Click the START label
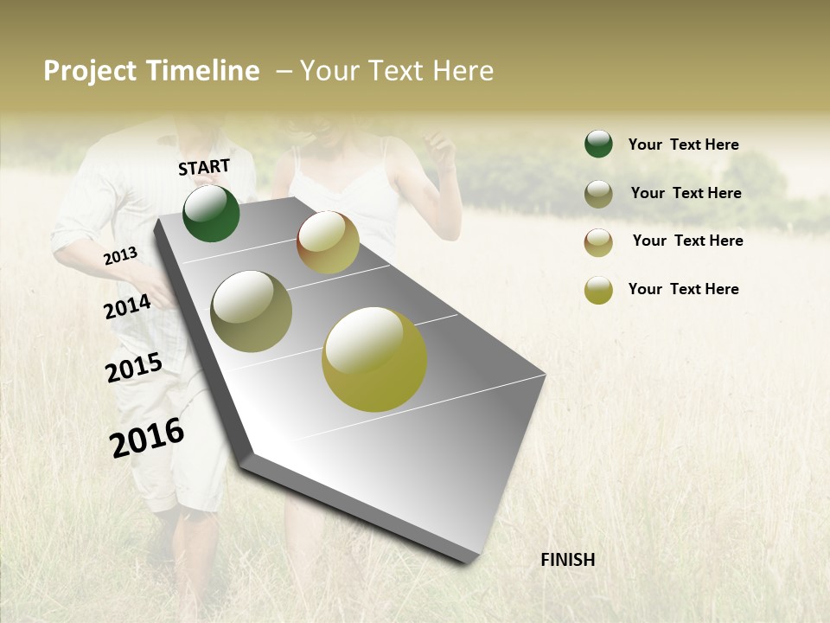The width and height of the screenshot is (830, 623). pos(204,167)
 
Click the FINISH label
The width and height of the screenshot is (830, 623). pos(567,560)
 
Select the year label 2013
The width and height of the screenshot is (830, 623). pos(120,255)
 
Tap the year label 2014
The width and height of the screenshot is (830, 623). pos(127,306)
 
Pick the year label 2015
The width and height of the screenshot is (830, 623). pos(134,368)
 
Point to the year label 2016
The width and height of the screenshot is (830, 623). pos(147,437)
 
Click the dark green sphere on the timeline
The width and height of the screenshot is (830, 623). pos(211,214)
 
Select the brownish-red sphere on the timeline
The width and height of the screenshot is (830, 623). pos(328,242)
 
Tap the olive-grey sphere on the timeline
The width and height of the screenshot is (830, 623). pos(251,311)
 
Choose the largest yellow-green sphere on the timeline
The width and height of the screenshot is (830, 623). pos(374,359)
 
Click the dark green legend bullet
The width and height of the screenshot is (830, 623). pos(598,144)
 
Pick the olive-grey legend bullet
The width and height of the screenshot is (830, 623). pos(598,194)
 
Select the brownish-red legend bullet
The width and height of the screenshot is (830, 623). pos(598,242)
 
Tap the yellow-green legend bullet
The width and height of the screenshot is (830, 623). pos(598,290)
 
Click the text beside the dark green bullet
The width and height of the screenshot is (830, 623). pos(683,145)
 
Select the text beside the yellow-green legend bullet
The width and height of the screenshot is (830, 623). pos(683,289)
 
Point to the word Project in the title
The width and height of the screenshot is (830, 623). pos(91,71)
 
